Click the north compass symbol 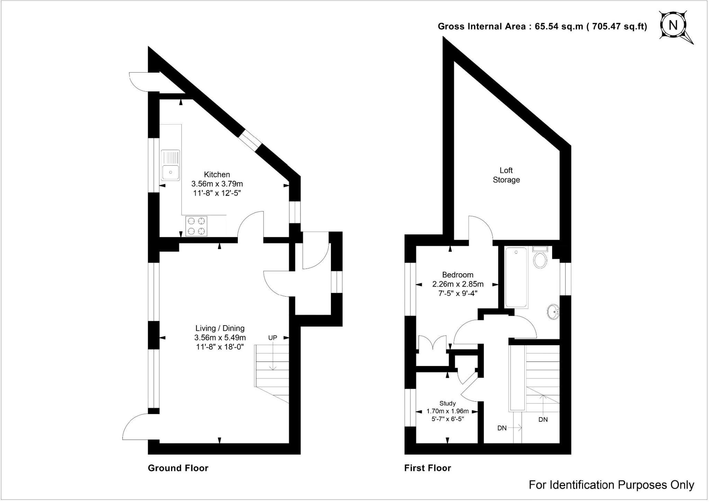[673, 25]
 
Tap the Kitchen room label [217, 175]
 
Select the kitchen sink [170, 165]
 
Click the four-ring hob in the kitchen [196, 226]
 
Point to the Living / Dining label [220, 328]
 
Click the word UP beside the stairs [273, 338]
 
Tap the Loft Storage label [506, 175]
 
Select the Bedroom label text [458, 275]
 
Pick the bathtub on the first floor [516, 277]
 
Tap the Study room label [447, 403]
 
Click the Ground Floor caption [178, 468]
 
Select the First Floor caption [428, 468]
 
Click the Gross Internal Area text [542, 27]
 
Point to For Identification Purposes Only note [611, 485]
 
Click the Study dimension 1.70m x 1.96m [447, 411]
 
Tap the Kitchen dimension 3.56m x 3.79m [217, 184]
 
